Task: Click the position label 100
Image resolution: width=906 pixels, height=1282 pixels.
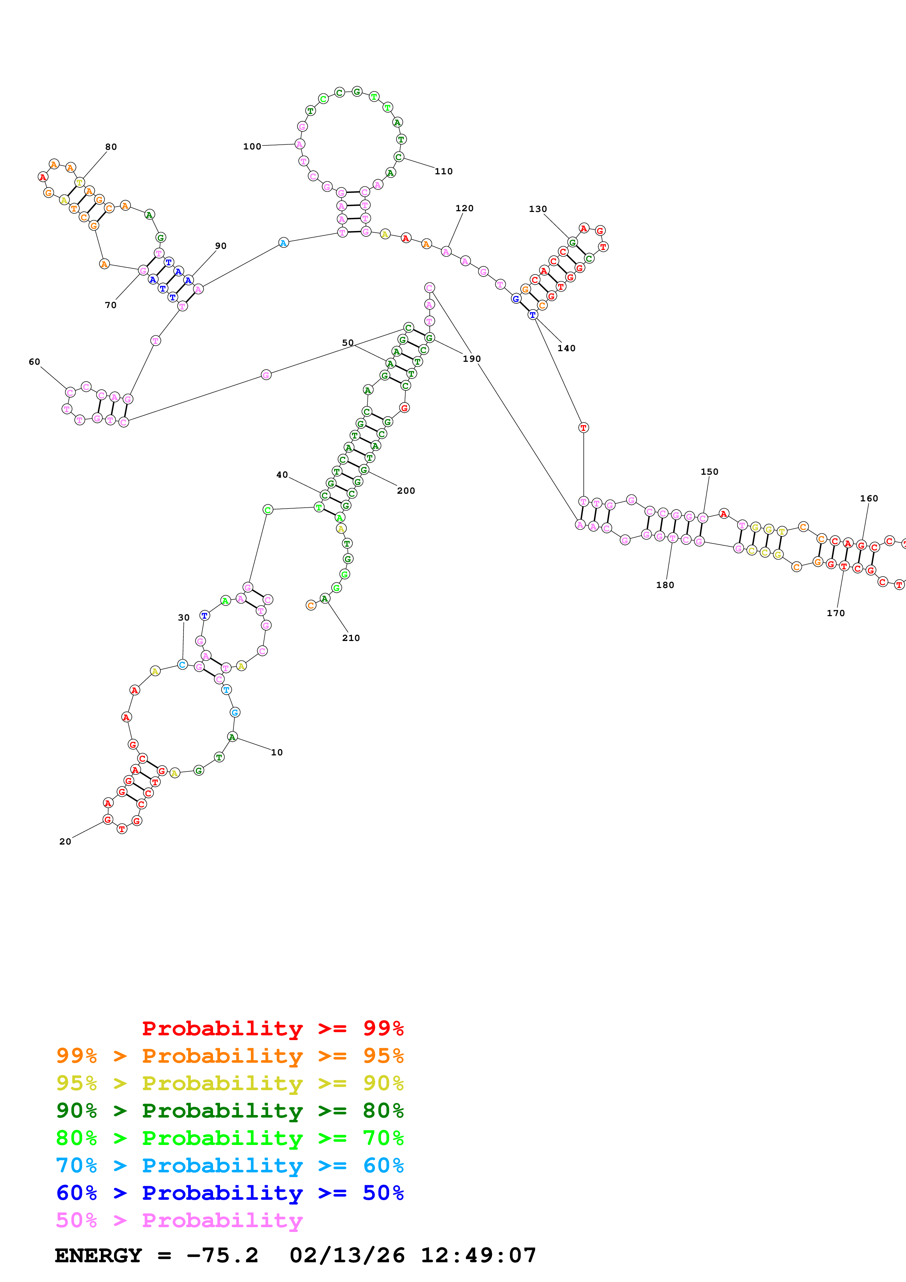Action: point(252,146)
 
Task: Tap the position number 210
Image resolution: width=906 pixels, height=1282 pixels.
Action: point(350,638)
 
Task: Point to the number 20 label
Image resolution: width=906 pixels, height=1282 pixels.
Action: point(65,842)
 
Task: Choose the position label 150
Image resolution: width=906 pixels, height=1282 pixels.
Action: point(709,472)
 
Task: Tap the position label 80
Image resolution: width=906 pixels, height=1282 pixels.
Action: point(111,147)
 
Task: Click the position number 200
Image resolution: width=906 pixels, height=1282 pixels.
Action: point(406,491)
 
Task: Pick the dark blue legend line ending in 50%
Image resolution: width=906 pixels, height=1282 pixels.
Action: point(230,1193)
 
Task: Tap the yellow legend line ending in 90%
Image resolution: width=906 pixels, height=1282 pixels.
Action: point(230,1083)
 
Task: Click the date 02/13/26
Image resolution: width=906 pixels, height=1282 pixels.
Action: point(347,1255)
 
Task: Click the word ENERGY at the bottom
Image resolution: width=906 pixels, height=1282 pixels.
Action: point(98,1255)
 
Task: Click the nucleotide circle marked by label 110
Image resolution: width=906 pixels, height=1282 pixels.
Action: point(399,157)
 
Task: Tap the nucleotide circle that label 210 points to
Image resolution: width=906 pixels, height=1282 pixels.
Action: point(324,599)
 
